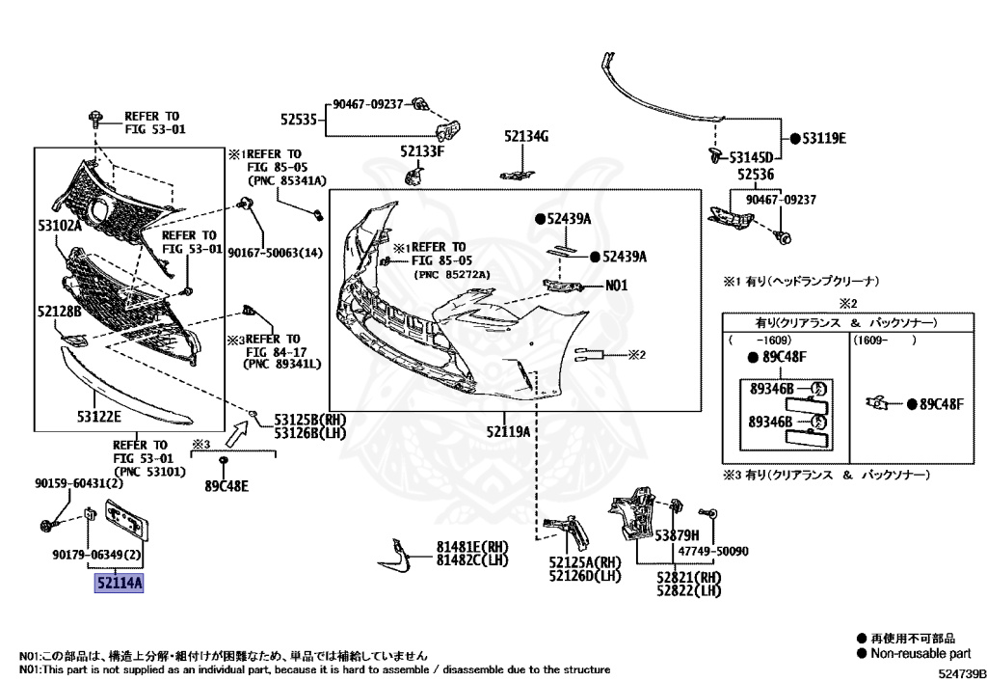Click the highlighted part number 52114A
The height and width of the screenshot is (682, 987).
118,583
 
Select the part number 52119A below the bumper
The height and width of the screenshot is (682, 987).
508,431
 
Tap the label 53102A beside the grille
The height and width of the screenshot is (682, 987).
60,226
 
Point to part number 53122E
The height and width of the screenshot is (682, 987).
99,416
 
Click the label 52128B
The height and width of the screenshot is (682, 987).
62,312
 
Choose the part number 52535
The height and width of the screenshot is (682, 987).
299,120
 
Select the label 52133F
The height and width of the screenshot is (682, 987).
422,151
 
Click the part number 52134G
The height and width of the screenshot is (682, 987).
524,137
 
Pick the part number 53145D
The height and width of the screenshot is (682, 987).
750,156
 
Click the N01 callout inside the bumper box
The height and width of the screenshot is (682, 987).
617,286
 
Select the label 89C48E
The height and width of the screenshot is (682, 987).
227,485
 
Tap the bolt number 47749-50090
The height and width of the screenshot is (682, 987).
714,552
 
